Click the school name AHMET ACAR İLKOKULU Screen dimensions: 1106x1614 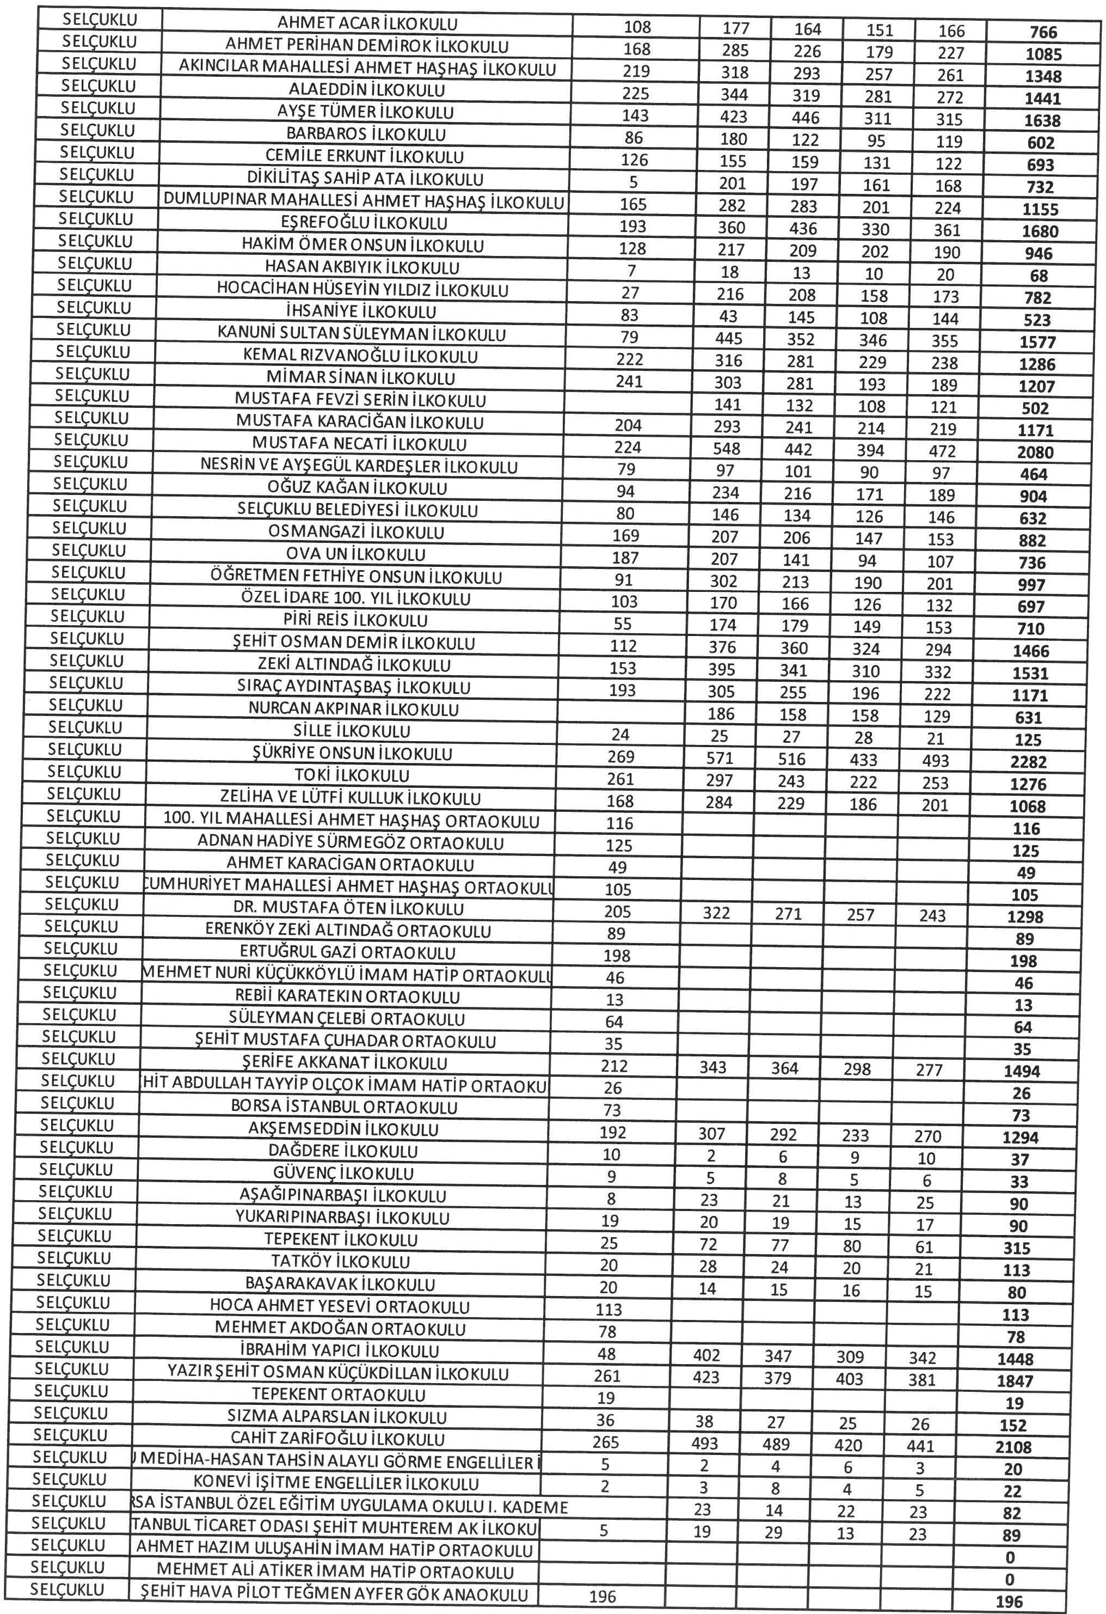367,23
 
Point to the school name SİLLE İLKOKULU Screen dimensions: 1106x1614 352,731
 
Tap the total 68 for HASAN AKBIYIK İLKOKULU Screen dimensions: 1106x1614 1039,276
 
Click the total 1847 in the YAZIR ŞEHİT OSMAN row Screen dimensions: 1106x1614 1015,1381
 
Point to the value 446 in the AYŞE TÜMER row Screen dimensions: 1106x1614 806,118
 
